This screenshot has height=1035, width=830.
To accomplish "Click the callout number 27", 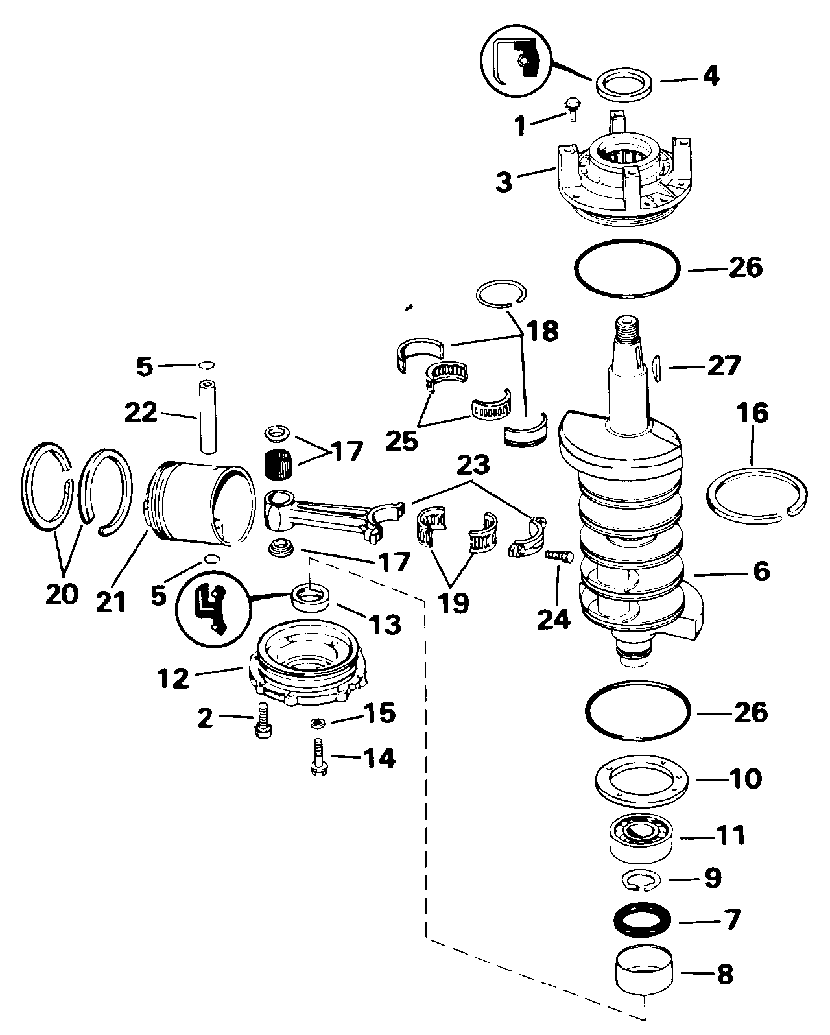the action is click(x=724, y=366).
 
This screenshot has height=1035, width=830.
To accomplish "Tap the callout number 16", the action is click(x=753, y=413).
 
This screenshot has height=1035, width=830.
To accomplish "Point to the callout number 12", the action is click(x=172, y=678).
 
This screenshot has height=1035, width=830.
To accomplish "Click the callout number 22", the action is click(x=141, y=412).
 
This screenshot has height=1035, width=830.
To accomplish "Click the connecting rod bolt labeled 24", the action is click(x=559, y=556).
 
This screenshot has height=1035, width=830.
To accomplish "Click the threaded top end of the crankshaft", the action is click(x=630, y=326).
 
